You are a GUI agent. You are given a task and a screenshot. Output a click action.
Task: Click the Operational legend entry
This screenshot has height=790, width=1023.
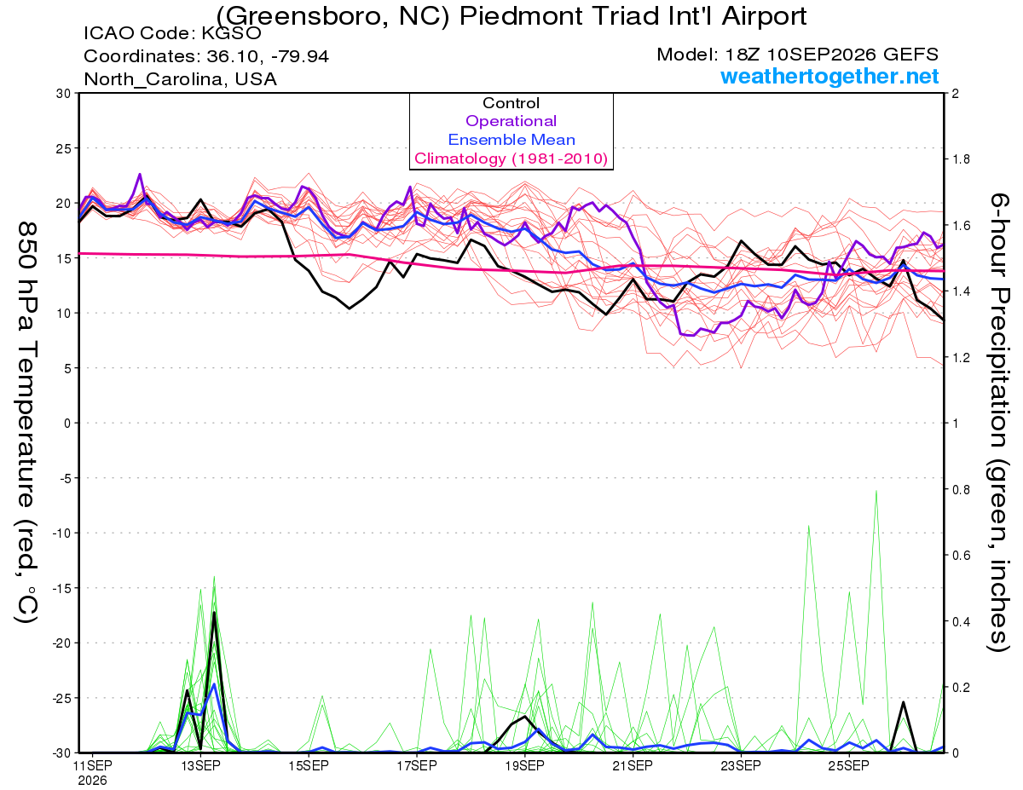pos(511,121)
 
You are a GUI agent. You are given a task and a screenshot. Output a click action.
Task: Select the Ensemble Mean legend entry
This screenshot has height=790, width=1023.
pos(511,140)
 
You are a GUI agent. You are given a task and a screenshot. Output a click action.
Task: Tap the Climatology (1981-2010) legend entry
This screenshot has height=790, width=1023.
pos(511,159)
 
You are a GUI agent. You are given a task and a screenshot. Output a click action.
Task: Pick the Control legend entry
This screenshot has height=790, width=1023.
pos(511,102)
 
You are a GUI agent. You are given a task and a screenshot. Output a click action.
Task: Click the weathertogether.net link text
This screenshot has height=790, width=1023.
pos(829,76)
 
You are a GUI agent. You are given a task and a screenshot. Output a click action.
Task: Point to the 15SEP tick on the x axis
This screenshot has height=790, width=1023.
pos(309,765)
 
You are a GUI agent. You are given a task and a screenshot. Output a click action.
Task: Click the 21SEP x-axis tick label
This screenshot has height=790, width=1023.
pos(633,765)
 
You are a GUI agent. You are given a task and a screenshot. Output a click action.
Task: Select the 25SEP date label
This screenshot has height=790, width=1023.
pos(849,765)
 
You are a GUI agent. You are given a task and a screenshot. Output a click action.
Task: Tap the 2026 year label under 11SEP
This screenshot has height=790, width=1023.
pos(92,781)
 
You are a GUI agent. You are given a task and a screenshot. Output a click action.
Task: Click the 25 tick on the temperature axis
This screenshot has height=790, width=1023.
pos(64,148)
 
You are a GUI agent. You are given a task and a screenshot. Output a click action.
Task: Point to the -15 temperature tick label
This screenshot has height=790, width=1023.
pos(61,588)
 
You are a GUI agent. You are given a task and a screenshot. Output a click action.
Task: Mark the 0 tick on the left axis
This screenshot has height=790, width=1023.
pos(67,424)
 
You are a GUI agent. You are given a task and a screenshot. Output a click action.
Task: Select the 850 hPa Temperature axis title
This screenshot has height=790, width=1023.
pos(27,422)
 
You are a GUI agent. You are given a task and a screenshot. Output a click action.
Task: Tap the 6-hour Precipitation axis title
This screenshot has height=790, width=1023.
pos(998,422)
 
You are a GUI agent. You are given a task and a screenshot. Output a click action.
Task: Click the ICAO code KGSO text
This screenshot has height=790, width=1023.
pos(172,33)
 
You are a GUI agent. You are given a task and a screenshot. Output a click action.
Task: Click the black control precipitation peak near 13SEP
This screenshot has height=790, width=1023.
pos(214,613)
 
